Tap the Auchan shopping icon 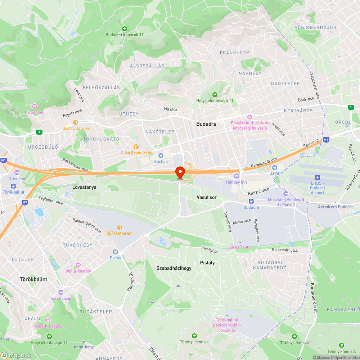(x=161, y=156)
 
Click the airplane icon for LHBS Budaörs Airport (x=317, y=177)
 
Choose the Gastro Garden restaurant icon (x=76, y=122)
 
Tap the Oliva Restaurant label (x=136, y=153)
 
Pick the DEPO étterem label (x=120, y=233)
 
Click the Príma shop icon (x=116, y=252)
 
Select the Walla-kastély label (x=78, y=271)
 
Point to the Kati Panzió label (x=61, y=298)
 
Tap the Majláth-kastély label (x=48, y=326)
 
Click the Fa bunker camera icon (x=35, y=106)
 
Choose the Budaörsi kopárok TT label (x=125, y=35)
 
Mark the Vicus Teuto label (x=240, y=247)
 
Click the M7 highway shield (x=24, y=202)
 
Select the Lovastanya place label (x=84, y=187)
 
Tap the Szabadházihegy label (x=174, y=268)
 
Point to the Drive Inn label (x=17, y=179)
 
